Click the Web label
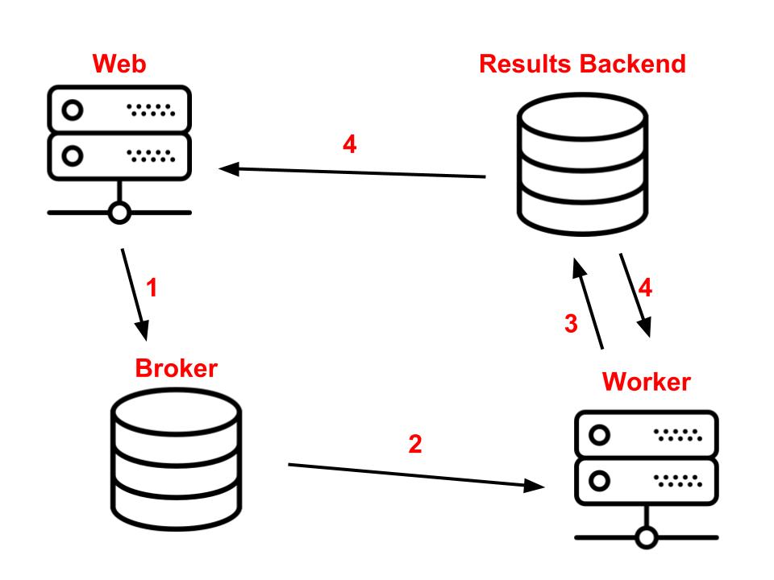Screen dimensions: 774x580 click(x=119, y=64)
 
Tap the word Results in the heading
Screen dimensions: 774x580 click(x=525, y=64)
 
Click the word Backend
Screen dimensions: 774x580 click(x=633, y=64)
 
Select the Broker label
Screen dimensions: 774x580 click(x=177, y=368)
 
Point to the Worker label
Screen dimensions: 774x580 click(x=646, y=382)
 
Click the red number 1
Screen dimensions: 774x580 click(x=152, y=288)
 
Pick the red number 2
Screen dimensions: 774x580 click(x=415, y=444)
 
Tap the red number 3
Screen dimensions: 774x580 click(x=571, y=324)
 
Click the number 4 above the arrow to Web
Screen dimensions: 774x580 click(x=349, y=144)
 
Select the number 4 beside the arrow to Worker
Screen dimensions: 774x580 click(x=645, y=288)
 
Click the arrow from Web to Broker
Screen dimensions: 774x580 click(x=135, y=295)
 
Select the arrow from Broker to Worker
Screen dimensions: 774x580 click(x=416, y=475)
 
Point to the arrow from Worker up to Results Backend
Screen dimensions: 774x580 click(x=588, y=304)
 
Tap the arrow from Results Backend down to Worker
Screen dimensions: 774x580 click(x=635, y=296)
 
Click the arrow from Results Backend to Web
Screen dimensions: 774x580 click(x=352, y=172)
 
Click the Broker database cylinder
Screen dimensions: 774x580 click(x=177, y=459)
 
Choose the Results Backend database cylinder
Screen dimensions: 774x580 click(x=582, y=164)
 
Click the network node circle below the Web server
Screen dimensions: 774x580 click(x=119, y=213)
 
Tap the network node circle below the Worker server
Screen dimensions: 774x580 click(x=646, y=537)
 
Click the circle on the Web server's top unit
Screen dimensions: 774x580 click(x=73, y=110)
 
